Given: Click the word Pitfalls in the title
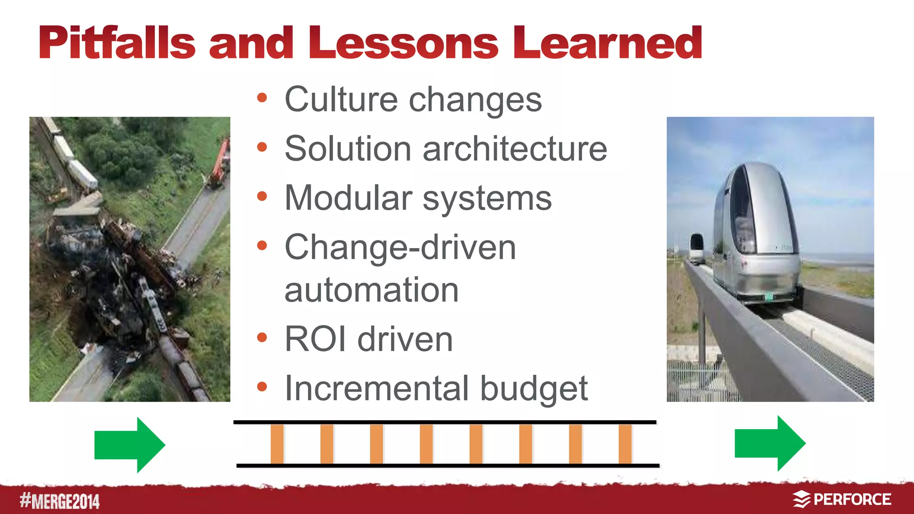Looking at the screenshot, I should pyautogui.click(x=117, y=43).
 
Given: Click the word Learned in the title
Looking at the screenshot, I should pyautogui.click(x=607, y=43).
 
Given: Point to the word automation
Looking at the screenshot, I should pyautogui.click(x=371, y=290).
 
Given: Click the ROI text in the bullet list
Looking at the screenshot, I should pyautogui.click(x=315, y=339).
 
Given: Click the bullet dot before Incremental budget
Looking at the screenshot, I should pyautogui.click(x=262, y=387).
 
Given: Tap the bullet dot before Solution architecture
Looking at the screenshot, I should pyautogui.click(x=262, y=147).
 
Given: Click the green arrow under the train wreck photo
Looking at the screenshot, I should pyautogui.click(x=130, y=445).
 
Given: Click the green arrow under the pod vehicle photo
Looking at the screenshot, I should pyautogui.click(x=770, y=443).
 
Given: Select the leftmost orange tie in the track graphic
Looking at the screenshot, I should pyautogui.click(x=277, y=444).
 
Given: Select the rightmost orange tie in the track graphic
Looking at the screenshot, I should pyautogui.click(x=625, y=444).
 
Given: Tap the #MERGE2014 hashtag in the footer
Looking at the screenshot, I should pyautogui.click(x=60, y=501).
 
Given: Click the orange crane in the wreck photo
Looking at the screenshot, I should pyautogui.click(x=220, y=163).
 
